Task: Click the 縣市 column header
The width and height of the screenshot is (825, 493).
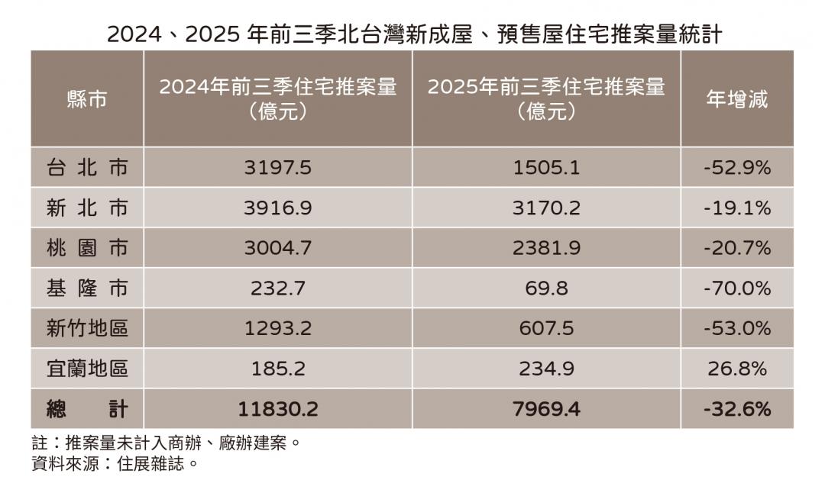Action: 87,99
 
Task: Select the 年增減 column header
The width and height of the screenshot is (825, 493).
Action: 736,99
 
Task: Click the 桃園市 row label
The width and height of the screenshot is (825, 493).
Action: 87,248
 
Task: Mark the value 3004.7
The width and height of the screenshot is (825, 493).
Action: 277,248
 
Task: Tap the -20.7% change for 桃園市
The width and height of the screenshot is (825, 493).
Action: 736,248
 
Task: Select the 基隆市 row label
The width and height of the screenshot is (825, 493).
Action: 87,288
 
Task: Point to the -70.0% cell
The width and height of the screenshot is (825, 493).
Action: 736,288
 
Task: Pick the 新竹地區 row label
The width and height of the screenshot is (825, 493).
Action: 87,329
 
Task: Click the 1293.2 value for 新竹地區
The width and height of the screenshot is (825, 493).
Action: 277,329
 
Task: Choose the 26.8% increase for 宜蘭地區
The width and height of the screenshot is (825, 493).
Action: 736,369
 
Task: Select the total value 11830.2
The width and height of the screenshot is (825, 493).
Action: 277,410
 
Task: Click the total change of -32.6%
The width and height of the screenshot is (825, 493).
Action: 736,410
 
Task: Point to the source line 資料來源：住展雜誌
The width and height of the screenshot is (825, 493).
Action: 115,463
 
